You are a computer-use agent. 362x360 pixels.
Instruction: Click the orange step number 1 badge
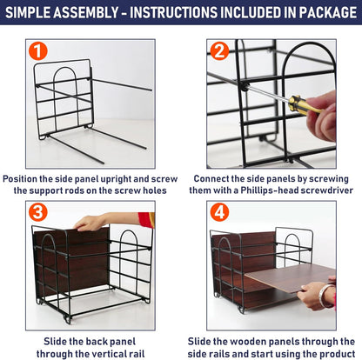37,51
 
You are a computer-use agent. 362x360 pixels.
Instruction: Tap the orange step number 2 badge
218,51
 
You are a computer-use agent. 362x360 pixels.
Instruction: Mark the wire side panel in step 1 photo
64,96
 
